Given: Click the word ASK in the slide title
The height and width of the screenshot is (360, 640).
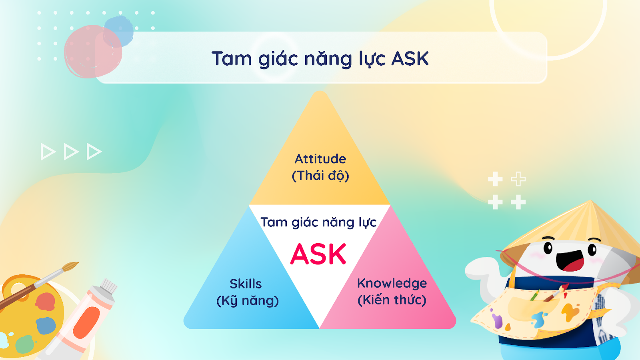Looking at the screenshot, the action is [410, 58].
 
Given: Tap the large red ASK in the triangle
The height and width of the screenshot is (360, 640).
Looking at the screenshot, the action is [318, 254].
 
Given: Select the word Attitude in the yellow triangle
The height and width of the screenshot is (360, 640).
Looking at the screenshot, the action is [320, 159].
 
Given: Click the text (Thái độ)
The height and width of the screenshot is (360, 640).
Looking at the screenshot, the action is [320, 176].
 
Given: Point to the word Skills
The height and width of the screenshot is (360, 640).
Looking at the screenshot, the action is [246, 284].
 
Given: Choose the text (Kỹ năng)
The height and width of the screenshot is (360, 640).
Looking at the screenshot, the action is [248, 301].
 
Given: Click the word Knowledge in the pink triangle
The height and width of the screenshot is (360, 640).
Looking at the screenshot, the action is [392, 284].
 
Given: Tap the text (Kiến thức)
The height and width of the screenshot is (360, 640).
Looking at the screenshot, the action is [392, 300].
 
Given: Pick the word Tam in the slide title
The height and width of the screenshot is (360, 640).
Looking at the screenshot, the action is [232, 58].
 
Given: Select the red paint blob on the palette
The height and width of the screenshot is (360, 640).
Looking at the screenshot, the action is [46, 302].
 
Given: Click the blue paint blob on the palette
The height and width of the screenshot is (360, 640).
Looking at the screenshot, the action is [46, 326].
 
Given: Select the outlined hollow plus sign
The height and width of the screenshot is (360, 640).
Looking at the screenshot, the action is [518, 179].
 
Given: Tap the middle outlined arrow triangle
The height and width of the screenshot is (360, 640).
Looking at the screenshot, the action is [71, 152].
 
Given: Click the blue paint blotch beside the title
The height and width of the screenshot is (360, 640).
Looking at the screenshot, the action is [118, 31].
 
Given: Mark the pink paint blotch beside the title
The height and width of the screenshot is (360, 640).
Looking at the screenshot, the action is [93, 52].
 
